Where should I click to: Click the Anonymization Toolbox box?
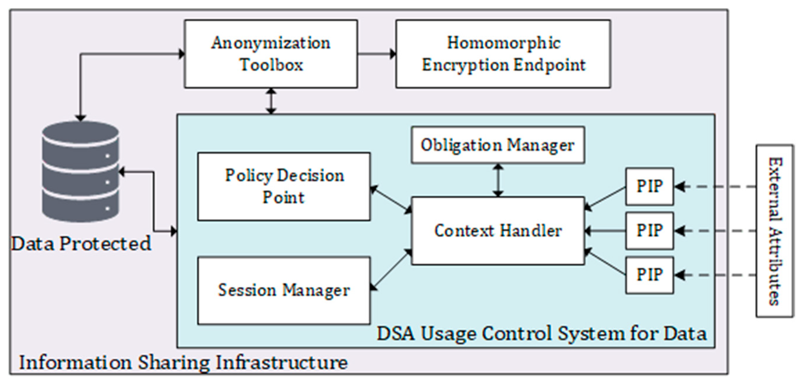271,54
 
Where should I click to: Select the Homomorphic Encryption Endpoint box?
503,54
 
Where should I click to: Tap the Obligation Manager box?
498,145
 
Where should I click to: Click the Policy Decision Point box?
284,186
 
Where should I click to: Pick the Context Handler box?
498,231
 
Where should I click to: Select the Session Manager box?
284,290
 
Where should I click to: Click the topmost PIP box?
649,186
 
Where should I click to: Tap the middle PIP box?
649,231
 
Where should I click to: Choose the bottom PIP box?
649,275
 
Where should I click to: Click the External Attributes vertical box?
774,231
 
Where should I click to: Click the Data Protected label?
81,244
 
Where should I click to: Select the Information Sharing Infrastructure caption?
184,362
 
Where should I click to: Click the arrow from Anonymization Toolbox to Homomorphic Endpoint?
376,54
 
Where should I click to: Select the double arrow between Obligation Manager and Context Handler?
499,180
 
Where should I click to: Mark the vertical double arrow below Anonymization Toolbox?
272,101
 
